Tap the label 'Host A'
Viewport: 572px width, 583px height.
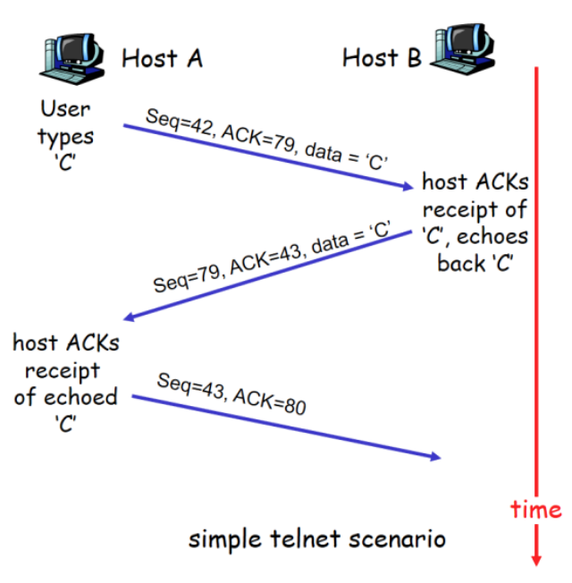tap(162, 59)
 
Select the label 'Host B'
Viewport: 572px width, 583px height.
tap(382, 59)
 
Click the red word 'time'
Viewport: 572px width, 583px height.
tap(536, 510)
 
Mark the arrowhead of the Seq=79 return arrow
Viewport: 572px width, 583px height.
tap(130, 317)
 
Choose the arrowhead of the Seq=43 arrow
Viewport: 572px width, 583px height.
tap(435, 457)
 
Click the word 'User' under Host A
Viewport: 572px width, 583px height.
tap(65, 109)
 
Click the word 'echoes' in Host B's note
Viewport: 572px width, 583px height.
tap(498, 237)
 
